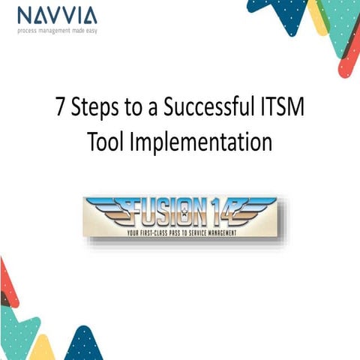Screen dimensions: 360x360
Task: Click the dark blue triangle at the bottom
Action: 85,346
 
